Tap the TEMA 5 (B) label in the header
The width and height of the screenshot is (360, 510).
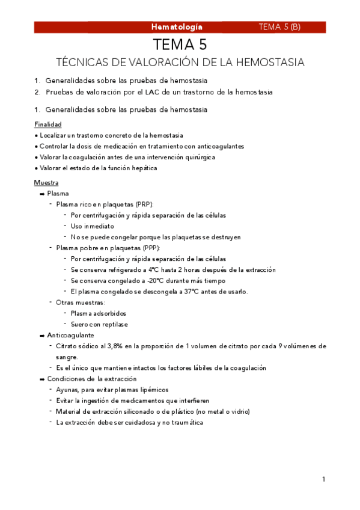point(279,27)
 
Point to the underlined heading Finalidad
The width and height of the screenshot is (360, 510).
point(48,124)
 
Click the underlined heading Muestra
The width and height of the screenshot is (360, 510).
point(46,182)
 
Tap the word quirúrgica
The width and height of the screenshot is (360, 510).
point(198,157)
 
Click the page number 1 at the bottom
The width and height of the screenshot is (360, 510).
point(323,479)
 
